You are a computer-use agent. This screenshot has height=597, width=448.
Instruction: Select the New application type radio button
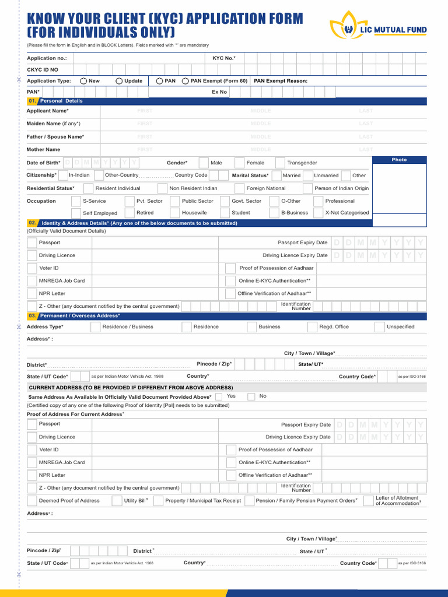pos(84,81)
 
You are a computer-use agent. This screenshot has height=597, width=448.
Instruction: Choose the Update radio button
pos(120,81)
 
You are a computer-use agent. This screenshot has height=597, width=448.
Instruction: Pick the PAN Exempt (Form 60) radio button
pos(185,81)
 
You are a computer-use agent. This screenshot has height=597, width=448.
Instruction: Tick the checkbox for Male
pos(204,163)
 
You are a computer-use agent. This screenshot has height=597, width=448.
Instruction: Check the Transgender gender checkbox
pos(281,163)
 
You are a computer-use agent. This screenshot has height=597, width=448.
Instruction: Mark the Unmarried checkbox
pos(308,175)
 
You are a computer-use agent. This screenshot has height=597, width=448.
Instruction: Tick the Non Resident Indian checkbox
pos(163,188)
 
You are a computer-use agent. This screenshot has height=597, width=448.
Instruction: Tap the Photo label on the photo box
pos(400,160)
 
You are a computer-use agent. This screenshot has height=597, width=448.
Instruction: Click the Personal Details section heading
pos(61,101)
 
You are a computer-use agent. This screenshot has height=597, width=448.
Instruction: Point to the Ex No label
pos(219,92)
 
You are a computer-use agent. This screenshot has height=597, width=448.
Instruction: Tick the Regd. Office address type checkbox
pos(313,327)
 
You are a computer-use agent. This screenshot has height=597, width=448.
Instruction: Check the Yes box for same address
pos(219,396)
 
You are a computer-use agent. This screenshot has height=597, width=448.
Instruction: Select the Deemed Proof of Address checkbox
pos(32,501)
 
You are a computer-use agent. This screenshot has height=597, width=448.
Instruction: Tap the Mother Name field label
pos(44,150)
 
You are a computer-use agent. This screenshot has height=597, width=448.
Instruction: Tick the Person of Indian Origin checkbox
pos(308,188)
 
